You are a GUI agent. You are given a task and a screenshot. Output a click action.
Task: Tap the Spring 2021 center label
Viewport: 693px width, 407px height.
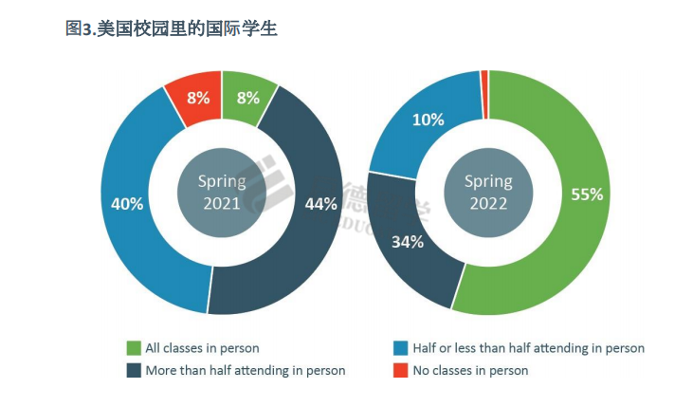tap(222, 192)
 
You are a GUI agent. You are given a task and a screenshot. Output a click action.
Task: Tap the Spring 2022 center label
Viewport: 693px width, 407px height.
tap(488, 192)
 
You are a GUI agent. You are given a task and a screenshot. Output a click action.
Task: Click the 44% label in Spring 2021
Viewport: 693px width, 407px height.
tap(320, 203)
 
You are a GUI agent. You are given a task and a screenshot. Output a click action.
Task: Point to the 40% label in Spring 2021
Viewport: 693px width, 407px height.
tap(126, 203)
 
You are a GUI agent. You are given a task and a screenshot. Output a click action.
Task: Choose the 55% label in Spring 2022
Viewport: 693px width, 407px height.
tap(587, 194)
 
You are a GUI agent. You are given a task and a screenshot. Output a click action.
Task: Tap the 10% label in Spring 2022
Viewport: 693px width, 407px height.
tap(427, 120)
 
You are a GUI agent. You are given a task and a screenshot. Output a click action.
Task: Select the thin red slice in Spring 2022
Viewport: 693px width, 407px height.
tap(484, 82)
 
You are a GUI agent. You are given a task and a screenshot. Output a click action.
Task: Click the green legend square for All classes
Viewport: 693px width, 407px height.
tap(134, 348)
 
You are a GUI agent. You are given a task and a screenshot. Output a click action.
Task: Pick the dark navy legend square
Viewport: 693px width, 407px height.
tap(134, 370)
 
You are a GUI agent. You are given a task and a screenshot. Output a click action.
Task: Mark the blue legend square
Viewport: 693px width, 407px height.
tap(401, 348)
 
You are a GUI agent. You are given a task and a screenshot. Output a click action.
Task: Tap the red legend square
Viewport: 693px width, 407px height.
tap(401, 370)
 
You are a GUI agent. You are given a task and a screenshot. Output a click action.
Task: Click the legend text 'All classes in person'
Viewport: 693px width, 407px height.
tap(202, 348)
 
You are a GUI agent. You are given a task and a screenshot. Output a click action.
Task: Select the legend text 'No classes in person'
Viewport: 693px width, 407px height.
tap(470, 370)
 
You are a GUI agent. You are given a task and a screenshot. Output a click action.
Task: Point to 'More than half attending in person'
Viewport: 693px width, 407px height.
tap(245, 370)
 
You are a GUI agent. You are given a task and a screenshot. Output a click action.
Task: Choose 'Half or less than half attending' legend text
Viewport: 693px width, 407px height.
tap(528, 348)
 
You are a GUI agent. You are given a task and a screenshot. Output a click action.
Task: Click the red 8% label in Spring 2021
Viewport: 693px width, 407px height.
tap(198, 97)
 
